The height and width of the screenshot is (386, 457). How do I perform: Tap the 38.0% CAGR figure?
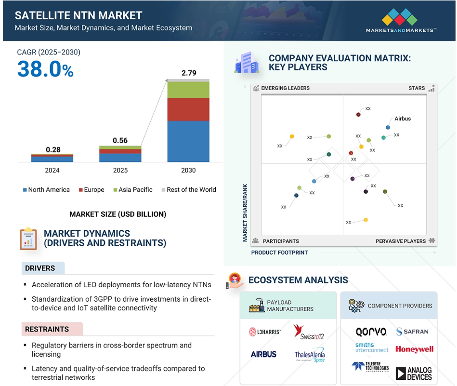tap(45, 69)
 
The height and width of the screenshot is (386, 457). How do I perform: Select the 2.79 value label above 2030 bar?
tap(189, 73)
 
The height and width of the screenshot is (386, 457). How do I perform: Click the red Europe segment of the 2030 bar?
tap(188, 109)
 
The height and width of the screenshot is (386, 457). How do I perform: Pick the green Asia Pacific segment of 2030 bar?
tap(188, 90)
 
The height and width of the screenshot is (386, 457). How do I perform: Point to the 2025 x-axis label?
tap(120, 170)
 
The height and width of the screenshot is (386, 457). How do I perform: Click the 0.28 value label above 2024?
tap(53, 150)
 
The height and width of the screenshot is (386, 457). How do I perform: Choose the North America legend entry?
tap(46, 190)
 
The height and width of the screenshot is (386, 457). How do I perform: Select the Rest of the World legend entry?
tap(189, 190)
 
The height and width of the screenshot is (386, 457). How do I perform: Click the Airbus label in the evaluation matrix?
tap(403, 119)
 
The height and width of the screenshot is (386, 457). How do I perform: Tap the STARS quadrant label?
tap(417, 88)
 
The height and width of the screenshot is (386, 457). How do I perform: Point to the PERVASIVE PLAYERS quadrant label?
tap(401, 241)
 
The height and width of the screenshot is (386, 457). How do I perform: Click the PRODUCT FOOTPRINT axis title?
tap(279, 253)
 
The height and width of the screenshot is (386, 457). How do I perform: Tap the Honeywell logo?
tap(414, 349)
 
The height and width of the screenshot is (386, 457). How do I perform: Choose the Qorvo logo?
tap(371, 332)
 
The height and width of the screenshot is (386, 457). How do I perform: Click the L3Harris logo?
tap(265, 332)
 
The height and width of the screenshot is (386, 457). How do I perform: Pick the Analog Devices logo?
tap(414, 374)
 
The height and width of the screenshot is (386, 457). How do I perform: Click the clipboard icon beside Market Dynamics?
tap(28, 239)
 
